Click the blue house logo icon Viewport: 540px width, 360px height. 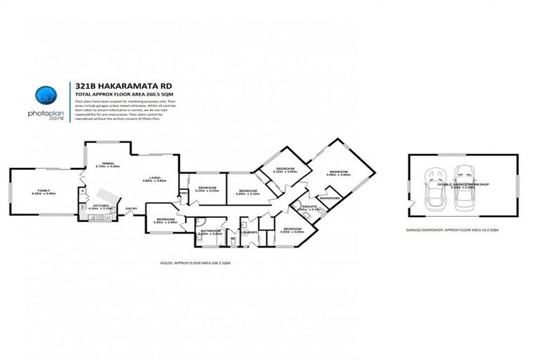pyautogui.click(x=46, y=94)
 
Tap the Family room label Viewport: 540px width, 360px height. pyautogui.click(x=44, y=191)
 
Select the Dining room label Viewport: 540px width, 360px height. pyautogui.click(x=108, y=163)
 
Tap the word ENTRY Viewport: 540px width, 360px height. pyautogui.click(x=131, y=209)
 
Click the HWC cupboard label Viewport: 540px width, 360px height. pyautogui.click(x=183, y=191)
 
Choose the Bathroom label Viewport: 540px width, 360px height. pyautogui.click(x=210, y=231)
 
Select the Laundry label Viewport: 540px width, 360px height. pyautogui.click(x=247, y=231)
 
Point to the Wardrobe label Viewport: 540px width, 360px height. pyautogui.click(x=329, y=198)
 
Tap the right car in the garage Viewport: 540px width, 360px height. pyautogui.click(x=464, y=186)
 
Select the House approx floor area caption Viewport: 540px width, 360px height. pyautogui.click(x=195, y=262)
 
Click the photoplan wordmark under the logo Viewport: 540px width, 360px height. pyautogui.click(x=46, y=114)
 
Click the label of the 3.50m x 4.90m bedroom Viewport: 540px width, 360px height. pyautogui.click(x=292, y=229)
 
